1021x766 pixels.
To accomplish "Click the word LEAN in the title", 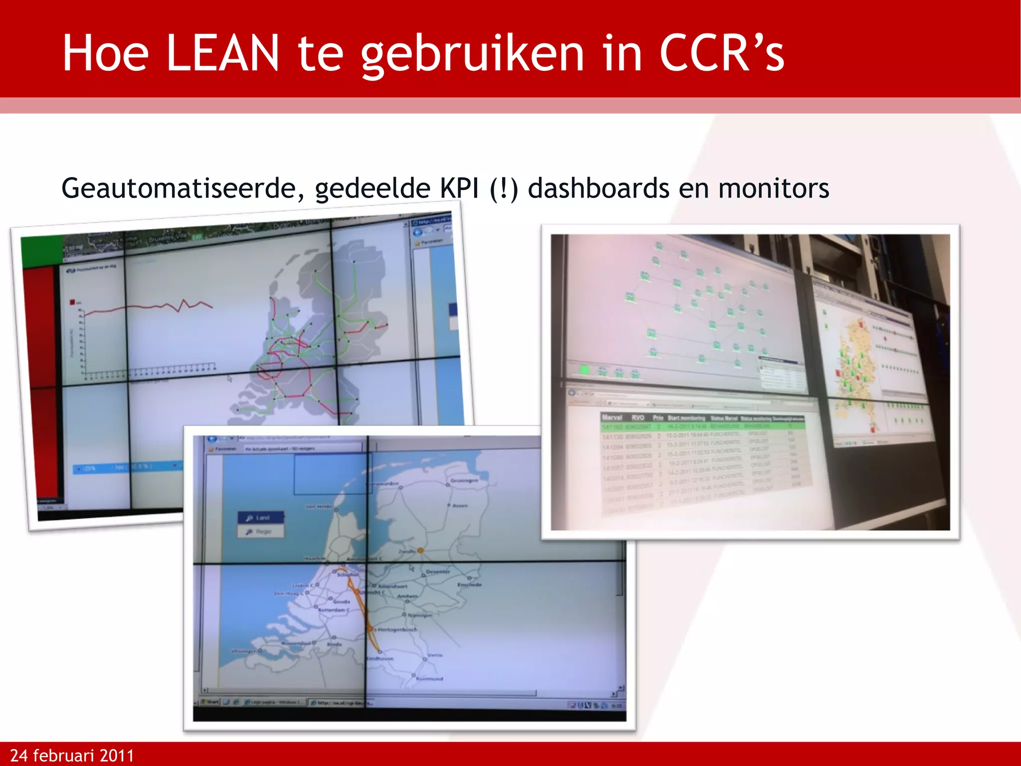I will point(222,53).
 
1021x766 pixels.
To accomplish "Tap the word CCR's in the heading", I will point(721,53).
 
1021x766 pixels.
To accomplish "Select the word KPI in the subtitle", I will point(459,189).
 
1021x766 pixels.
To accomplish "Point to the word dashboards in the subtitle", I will point(598,189).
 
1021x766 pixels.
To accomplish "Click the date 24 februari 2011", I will point(72,756).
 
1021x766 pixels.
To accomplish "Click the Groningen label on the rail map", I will point(464,480).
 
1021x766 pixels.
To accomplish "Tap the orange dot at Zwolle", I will point(420,550).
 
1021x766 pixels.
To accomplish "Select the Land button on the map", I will point(261,518).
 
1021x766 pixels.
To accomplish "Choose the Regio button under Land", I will point(261,532).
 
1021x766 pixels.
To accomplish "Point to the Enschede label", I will point(469,584).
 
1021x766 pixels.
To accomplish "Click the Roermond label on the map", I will point(429,679).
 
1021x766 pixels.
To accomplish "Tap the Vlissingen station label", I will point(244,651).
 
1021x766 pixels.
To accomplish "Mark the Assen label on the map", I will point(460,505).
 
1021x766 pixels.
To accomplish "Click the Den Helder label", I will point(319,507).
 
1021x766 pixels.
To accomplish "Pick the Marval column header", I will point(612,417).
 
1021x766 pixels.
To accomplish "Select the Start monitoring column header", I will point(686,418).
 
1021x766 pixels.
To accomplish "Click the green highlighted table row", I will point(703,427).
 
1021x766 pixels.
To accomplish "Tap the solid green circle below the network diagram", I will point(584,370).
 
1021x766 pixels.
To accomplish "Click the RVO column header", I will point(638,417).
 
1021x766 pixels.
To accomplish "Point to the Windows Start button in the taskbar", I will point(211,702).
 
